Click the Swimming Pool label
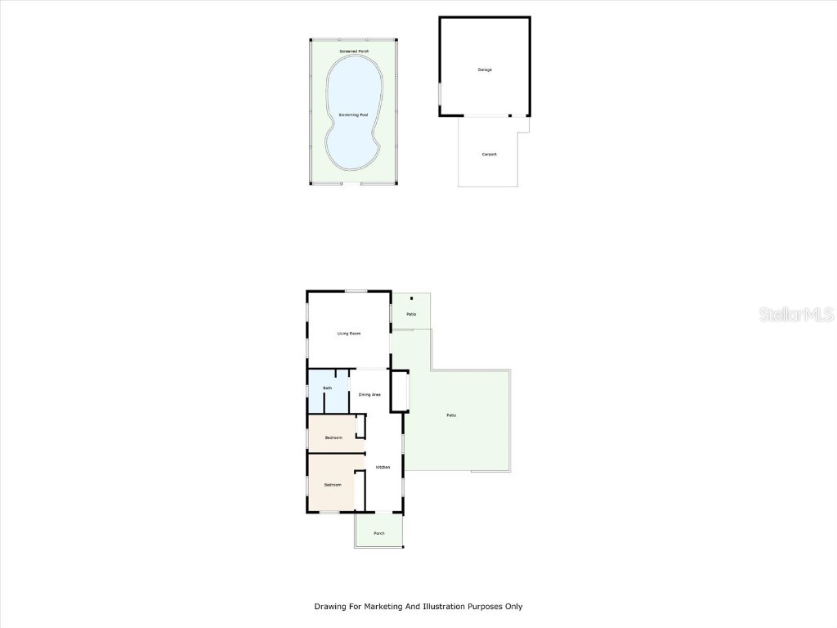(353, 114)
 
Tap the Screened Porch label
(354, 52)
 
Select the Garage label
(485, 70)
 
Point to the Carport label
(489, 154)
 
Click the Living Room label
(349, 334)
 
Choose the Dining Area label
(369, 395)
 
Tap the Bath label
(327, 388)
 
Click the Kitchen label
(383, 467)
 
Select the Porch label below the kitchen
(378, 533)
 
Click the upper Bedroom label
(333, 437)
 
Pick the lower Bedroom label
(332, 484)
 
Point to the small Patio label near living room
(411, 314)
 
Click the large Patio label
(451, 415)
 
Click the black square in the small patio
(412, 298)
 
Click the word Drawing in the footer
(330, 607)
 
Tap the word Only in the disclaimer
(512, 607)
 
